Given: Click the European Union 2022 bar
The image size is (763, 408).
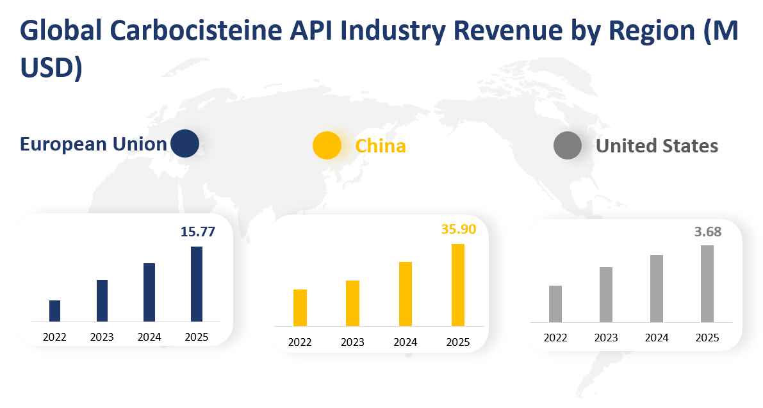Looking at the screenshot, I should (x=54, y=311).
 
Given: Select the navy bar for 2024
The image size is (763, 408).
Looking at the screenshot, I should (x=149, y=292).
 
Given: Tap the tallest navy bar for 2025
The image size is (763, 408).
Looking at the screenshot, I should (x=197, y=284).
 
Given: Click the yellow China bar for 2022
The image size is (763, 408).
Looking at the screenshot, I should (x=300, y=307).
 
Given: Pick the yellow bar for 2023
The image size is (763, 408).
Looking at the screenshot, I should (x=352, y=303).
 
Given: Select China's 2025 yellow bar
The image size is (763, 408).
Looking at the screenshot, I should (x=457, y=285).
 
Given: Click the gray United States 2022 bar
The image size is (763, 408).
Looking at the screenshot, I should (x=555, y=304).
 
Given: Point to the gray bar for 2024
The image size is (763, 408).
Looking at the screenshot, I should (x=657, y=288).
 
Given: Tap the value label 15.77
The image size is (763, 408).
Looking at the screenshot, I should (x=197, y=232).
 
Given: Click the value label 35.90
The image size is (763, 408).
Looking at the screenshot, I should (x=459, y=229).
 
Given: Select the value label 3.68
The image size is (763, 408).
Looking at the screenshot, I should (x=708, y=232).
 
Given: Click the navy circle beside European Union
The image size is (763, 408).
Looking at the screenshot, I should (x=185, y=143).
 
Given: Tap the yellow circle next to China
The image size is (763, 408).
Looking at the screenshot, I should (x=327, y=145).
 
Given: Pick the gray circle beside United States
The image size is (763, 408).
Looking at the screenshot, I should (x=567, y=145).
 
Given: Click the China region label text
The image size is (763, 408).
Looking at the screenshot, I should (x=381, y=146).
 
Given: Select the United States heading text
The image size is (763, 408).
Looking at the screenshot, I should (x=657, y=146).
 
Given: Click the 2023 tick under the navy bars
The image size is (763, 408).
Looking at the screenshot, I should (x=102, y=337).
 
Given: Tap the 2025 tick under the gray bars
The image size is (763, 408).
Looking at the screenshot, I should (x=707, y=338).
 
